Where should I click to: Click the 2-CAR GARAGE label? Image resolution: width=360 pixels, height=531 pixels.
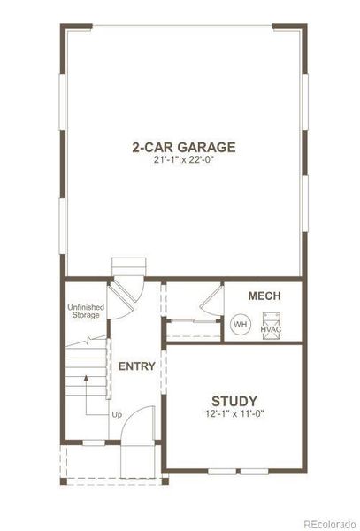(184, 147)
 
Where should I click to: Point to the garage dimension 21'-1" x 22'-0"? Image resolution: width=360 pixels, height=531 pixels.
(184, 161)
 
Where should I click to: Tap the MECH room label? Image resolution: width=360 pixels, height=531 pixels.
(264, 296)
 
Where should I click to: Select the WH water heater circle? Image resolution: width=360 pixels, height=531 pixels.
(239, 325)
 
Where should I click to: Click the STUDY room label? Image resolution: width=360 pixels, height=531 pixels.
(234, 399)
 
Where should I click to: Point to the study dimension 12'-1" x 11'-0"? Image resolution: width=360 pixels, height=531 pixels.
(234, 413)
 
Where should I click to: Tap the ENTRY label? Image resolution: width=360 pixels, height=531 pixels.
(137, 366)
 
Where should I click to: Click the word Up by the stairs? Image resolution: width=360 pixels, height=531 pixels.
(116, 413)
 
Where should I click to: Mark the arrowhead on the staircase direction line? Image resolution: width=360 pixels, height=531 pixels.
(86, 377)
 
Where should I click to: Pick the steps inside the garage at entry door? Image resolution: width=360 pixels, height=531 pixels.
(126, 269)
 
